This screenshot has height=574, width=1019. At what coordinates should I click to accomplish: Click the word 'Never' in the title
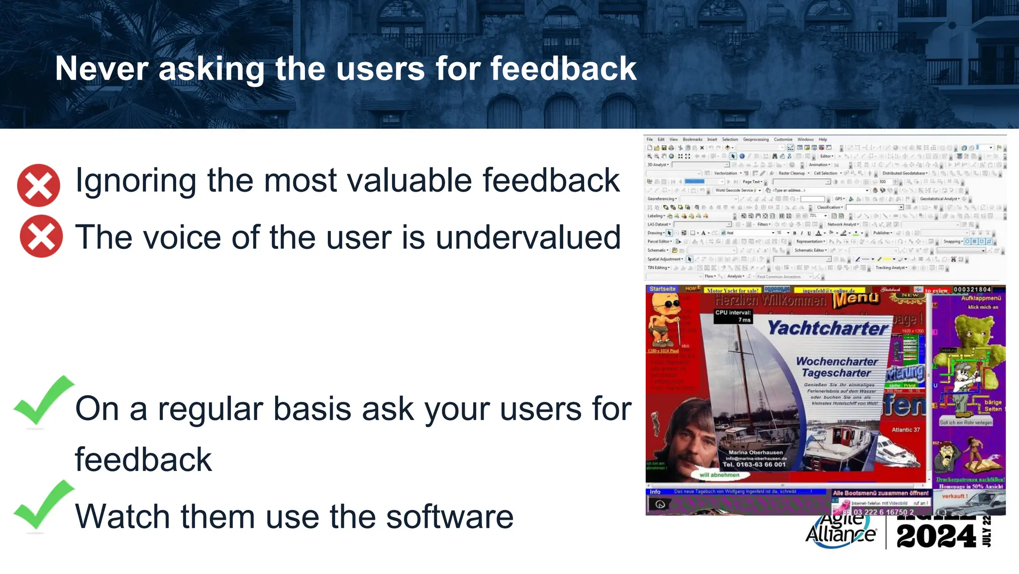pyautogui.click(x=102, y=68)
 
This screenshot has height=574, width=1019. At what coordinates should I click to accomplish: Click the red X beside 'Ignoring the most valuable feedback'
pyautogui.click(x=39, y=185)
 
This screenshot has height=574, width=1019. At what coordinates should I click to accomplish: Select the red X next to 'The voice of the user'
pyautogui.click(x=41, y=236)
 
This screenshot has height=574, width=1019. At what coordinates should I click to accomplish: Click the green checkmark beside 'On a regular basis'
pyautogui.click(x=43, y=401)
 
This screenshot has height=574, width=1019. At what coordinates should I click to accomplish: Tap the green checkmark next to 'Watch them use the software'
pyautogui.click(x=43, y=505)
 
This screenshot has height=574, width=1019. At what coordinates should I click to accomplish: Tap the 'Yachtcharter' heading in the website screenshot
pyautogui.click(x=827, y=328)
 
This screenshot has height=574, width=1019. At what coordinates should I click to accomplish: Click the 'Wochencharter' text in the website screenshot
pyautogui.click(x=837, y=361)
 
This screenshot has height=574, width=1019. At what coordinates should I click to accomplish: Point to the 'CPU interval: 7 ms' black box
pyautogui.click(x=733, y=316)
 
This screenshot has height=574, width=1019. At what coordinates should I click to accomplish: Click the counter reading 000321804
pyautogui.click(x=972, y=289)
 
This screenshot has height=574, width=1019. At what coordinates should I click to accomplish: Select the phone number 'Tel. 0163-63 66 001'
pyautogui.click(x=754, y=464)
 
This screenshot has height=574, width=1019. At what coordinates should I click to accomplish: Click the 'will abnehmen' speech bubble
pyautogui.click(x=719, y=475)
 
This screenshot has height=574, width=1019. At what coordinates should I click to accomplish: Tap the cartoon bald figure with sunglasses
pyautogui.click(x=665, y=319)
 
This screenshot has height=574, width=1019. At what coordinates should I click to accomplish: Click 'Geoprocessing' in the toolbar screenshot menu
pyautogui.click(x=755, y=139)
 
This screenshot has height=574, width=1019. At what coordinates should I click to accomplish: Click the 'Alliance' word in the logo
pyautogui.click(x=840, y=535)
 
